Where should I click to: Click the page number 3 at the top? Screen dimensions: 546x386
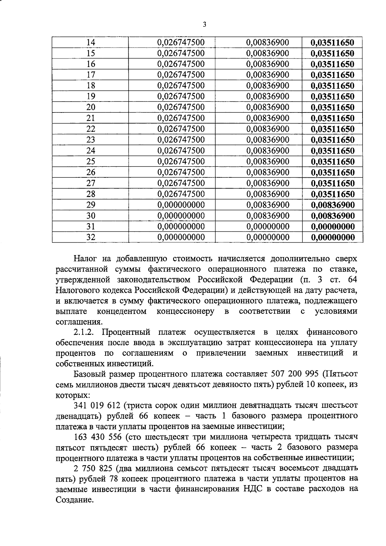(x=205, y=25)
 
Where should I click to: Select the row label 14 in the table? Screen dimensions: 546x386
(x=91, y=42)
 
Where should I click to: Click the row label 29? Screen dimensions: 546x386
(x=91, y=205)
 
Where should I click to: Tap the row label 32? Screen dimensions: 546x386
(x=91, y=237)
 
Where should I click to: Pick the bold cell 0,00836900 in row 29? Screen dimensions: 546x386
(x=333, y=205)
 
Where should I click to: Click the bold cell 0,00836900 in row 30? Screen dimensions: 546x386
(x=333, y=216)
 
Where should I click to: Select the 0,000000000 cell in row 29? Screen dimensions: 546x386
(x=181, y=205)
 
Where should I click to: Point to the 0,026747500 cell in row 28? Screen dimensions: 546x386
(x=181, y=194)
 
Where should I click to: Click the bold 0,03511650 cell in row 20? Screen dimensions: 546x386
(x=333, y=107)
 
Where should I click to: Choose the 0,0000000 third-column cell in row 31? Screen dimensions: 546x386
(x=268, y=227)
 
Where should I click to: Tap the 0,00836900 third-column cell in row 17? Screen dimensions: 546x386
(x=268, y=75)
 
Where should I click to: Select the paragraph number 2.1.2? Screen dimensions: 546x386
(x=85, y=332)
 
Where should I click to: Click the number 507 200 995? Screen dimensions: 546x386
(x=295, y=374)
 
